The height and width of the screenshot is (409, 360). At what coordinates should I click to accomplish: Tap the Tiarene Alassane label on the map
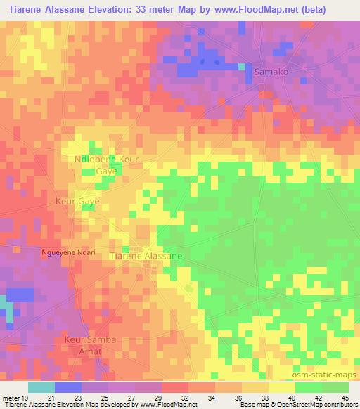tap(146, 257)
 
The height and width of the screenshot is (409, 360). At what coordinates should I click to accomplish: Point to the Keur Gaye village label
tap(77, 201)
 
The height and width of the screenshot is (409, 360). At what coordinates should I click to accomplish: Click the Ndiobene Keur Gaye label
tap(106, 165)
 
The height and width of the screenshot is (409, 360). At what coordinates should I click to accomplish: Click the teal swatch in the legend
tap(41, 387)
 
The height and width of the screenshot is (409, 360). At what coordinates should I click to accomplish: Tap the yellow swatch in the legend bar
tap(281, 387)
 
